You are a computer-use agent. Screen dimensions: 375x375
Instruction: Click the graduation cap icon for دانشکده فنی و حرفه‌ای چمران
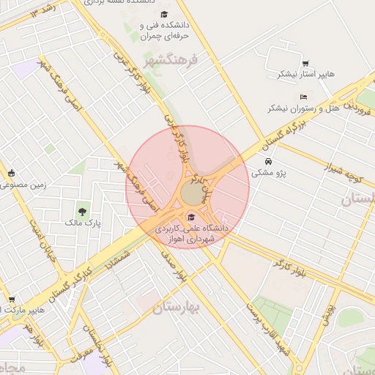[x=164, y=15]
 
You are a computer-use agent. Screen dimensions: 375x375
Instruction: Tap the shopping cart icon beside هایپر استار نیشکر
[x=305, y=64]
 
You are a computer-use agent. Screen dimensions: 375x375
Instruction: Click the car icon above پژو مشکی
[x=269, y=161]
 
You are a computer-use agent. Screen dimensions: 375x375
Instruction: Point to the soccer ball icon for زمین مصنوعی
[x=12, y=174]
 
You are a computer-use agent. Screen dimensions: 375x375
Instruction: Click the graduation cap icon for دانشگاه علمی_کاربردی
[x=192, y=217]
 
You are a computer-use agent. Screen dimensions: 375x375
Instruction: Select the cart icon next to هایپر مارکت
[x=11, y=299]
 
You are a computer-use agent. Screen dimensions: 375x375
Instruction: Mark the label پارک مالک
[x=81, y=222]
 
